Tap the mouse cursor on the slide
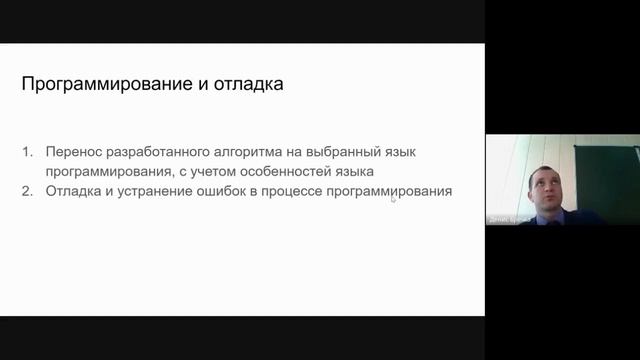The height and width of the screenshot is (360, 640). pyautogui.click(x=393, y=198)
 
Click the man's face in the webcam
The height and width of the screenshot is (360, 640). pyautogui.click(x=544, y=186)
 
